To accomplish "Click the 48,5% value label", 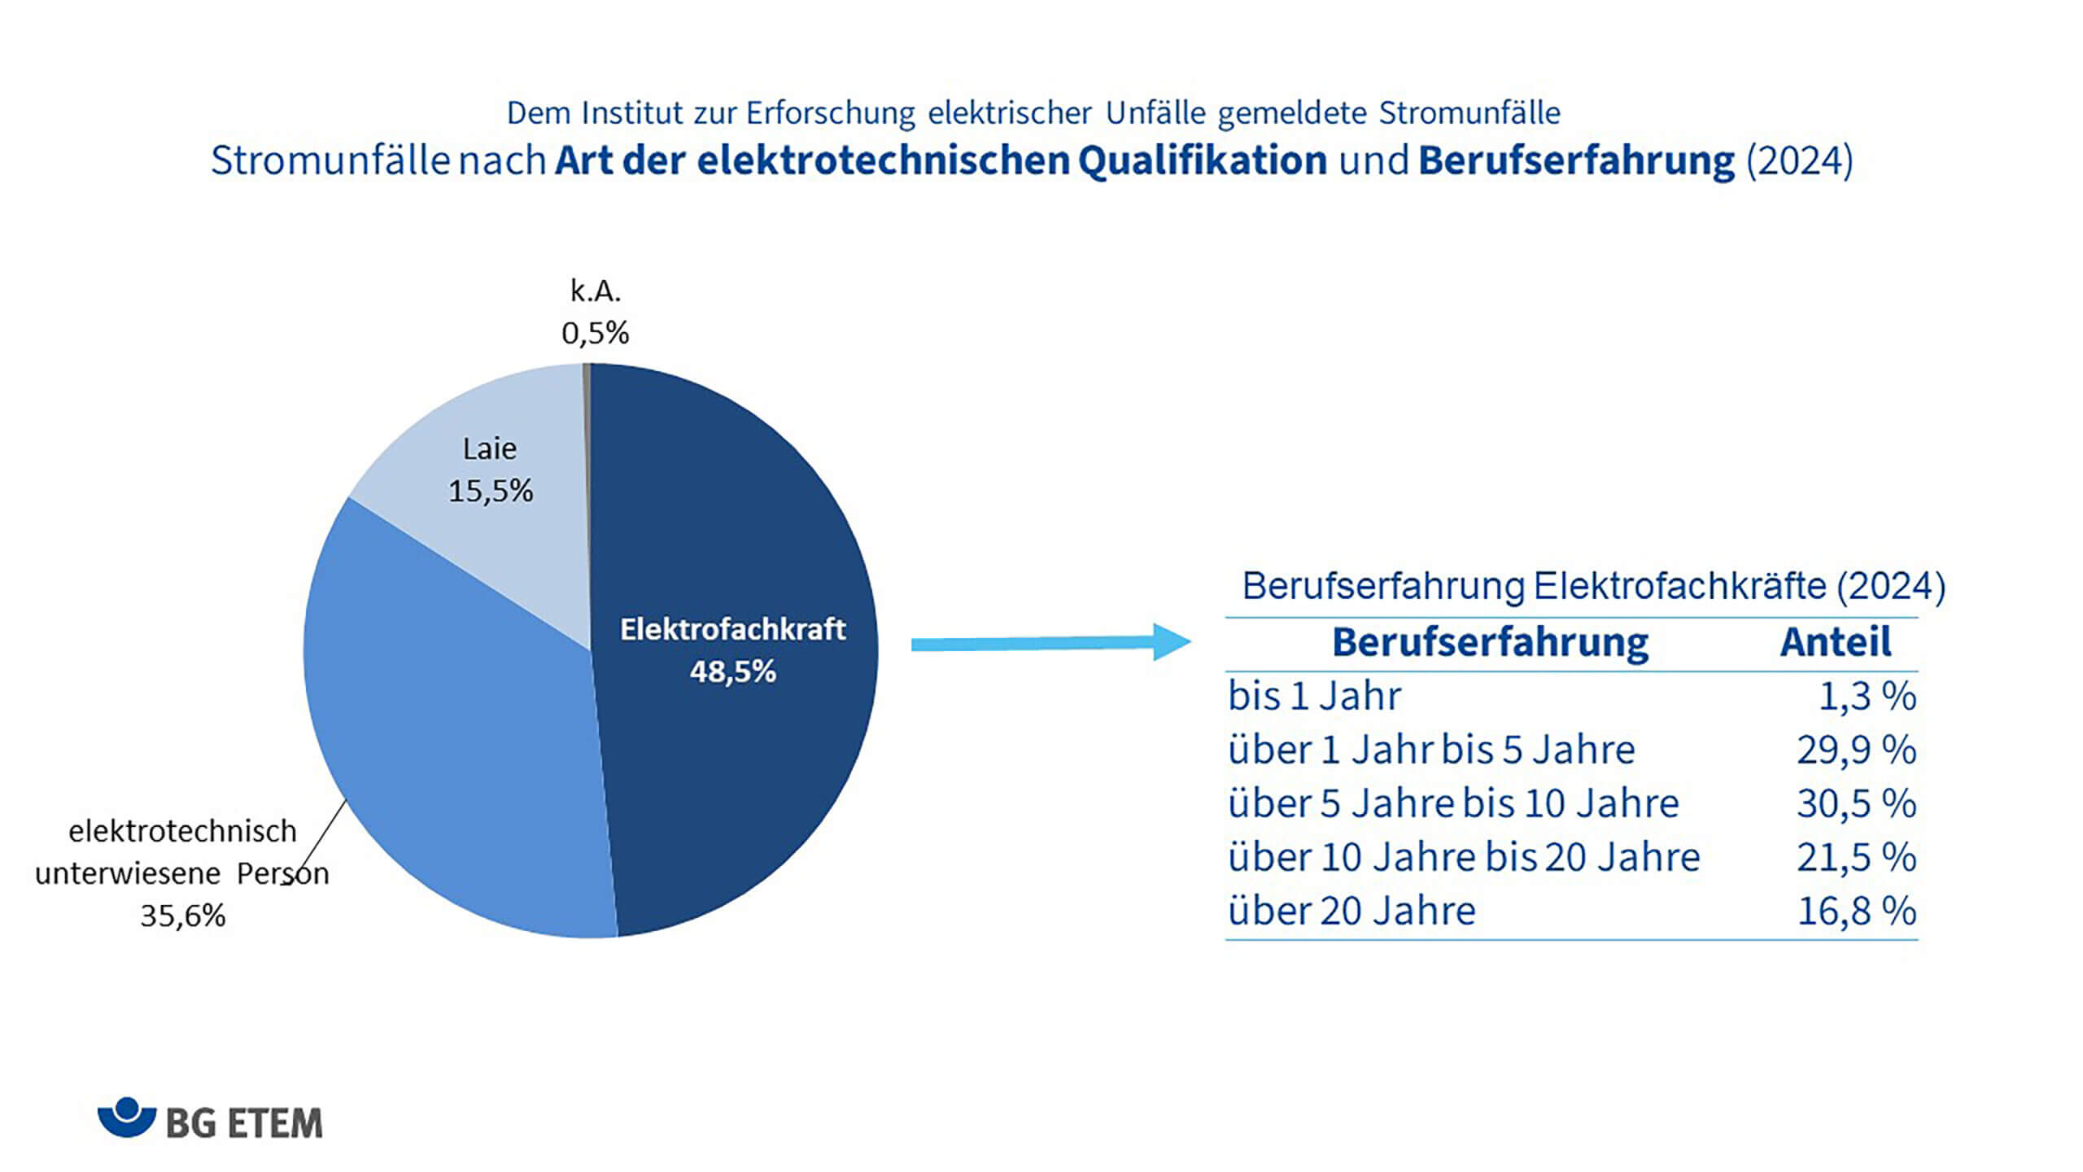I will tap(732, 672).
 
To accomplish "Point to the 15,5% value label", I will tap(491, 491).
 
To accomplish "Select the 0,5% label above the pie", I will tap(595, 333).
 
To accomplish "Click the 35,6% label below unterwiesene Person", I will tap(182, 916).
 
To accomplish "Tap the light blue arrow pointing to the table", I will tap(1050, 643).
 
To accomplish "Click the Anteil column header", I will tap(1836, 642).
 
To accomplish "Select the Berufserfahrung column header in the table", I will tap(1490, 642).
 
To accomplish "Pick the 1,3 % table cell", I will tap(1867, 697).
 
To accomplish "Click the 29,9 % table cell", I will tap(1856, 750).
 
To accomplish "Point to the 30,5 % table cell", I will tap(1856, 804).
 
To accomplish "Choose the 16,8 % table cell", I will tap(1856, 911).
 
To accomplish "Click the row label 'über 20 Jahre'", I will tap(1352, 911).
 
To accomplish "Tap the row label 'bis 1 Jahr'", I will tap(1314, 697).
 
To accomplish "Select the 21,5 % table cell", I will tap(1856, 858).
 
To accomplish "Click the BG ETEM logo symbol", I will tap(126, 1117).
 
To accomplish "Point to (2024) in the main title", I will tap(1799, 160).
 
